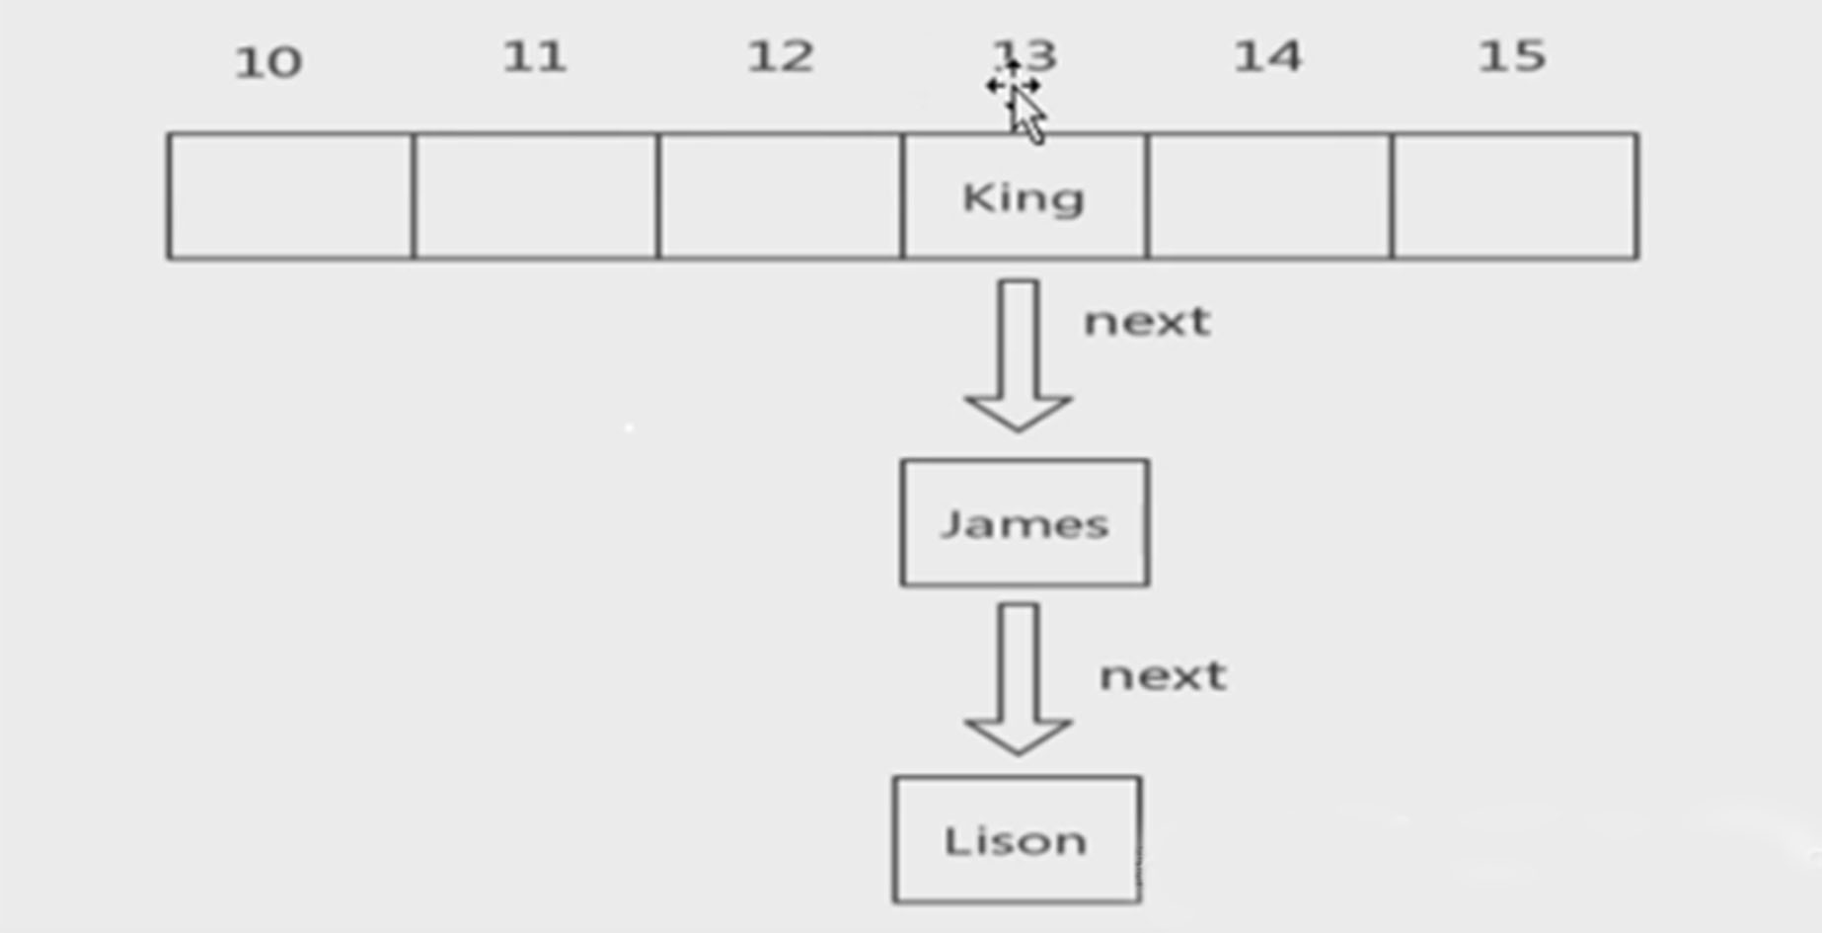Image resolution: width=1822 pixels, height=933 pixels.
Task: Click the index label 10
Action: click(267, 63)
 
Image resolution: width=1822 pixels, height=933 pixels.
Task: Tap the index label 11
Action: click(534, 57)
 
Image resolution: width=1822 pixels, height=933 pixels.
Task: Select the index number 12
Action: click(780, 57)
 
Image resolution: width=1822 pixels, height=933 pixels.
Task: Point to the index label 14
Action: click(1267, 57)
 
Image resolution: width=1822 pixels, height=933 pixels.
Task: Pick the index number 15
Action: click(1511, 57)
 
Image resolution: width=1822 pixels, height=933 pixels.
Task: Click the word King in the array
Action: click(1024, 198)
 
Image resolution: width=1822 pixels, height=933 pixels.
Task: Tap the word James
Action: click(1025, 524)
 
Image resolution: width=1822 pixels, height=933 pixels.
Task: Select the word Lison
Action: click(1016, 841)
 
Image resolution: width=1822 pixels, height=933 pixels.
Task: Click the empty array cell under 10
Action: click(290, 196)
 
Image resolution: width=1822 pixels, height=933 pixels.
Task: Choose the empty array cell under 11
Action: click(535, 196)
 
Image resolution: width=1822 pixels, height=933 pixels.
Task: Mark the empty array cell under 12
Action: click(780, 196)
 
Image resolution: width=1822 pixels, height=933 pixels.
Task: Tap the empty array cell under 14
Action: click(1269, 196)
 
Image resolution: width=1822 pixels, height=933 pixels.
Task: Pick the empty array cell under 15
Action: click(1514, 196)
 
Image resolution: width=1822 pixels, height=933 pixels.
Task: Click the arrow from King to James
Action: click(1018, 355)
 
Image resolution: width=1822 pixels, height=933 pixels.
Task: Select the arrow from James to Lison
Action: click(1018, 679)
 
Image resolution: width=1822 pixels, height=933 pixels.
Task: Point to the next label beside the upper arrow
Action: click(1147, 322)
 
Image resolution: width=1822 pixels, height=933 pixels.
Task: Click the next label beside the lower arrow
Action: click(1163, 676)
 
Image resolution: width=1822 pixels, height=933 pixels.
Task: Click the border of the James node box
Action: click(902, 523)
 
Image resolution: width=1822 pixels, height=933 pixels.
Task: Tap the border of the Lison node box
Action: click(894, 839)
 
